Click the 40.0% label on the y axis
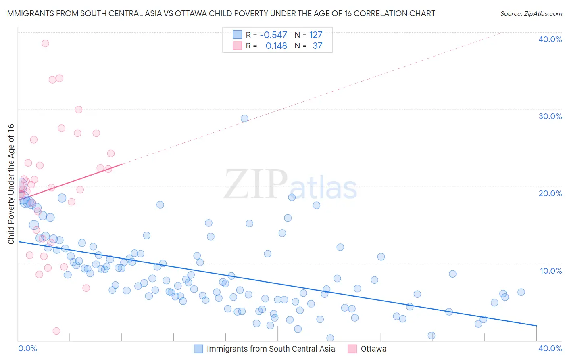point(550,39)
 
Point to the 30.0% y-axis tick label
point(550,116)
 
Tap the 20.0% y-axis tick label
point(550,193)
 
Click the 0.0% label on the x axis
point(27,348)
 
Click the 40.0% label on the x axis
point(550,348)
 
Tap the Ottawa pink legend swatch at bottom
point(352,349)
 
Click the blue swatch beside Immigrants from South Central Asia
point(198,349)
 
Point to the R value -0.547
point(273,35)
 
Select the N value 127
point(316,35)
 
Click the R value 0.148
point(276,46)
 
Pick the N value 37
point(317,46)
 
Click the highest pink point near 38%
point(45,43)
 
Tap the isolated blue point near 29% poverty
point(244,119)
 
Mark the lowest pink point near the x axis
point(56,331)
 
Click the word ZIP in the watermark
point(256,184)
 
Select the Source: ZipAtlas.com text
point(531,14)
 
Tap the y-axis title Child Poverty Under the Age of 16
point(11,184)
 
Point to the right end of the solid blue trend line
point(536,325)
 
